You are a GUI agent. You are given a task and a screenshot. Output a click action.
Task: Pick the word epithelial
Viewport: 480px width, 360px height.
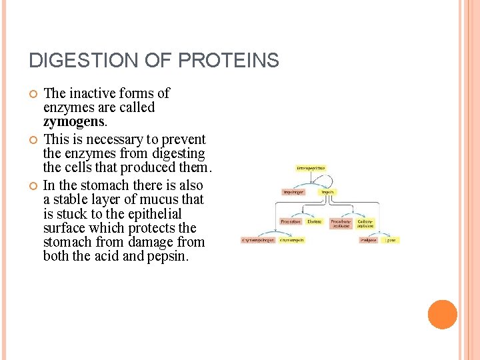tap(153, 214)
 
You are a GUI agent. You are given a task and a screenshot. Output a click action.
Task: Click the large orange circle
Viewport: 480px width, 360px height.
tap(442, 315)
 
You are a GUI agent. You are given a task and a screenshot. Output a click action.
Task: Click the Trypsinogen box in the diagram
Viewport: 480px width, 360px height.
tap(292, 192)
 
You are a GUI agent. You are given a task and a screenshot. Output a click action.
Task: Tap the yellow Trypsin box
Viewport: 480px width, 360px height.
tap(327, 192)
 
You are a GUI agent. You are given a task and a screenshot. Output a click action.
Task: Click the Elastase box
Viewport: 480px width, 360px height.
tap(315, 221)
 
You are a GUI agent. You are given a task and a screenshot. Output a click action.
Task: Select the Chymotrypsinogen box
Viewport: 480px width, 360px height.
tap(258, 240)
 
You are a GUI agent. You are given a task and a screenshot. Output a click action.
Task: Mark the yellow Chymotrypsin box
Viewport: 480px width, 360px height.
tap(292, 240)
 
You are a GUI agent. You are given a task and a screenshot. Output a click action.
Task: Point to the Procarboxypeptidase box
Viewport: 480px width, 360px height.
tap(340, 222)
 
